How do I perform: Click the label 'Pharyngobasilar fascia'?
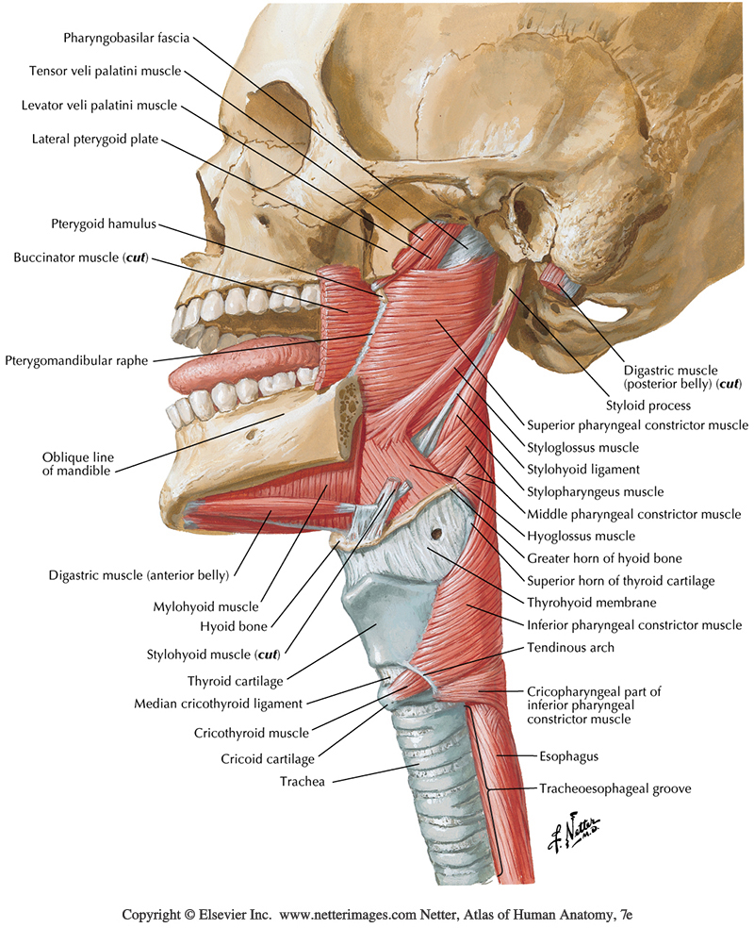click(x=126, y=39)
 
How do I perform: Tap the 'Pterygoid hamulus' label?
click(x=104, y=224)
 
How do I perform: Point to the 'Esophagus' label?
click(x=568, y=756)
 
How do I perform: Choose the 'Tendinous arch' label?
click(x=571, y=647)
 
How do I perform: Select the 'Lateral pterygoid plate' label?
click(x=95, y=140)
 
